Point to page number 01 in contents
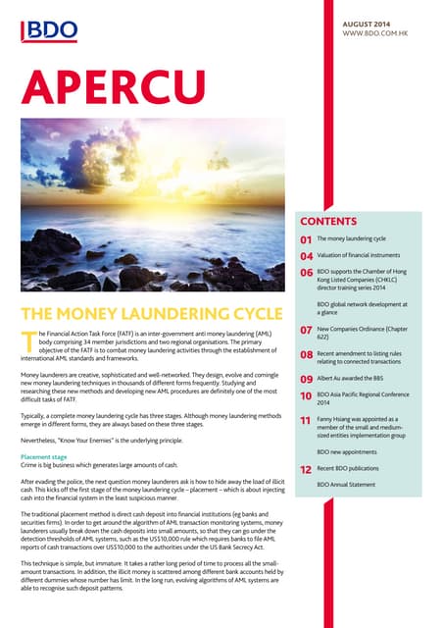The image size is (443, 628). coord(305,238)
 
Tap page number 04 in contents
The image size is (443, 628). coord(305,256)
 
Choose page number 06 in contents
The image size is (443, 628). coord(305,274)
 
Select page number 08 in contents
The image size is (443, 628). coord(305,355)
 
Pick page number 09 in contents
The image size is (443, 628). coord(305,379)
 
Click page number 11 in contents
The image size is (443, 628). coord(305,420)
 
